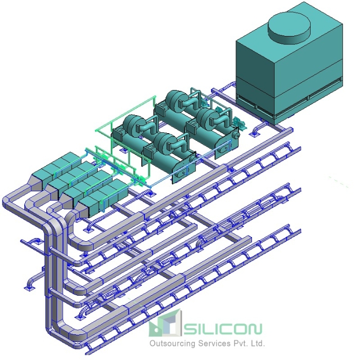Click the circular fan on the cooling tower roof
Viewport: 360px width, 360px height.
click(x=289, y=26)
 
